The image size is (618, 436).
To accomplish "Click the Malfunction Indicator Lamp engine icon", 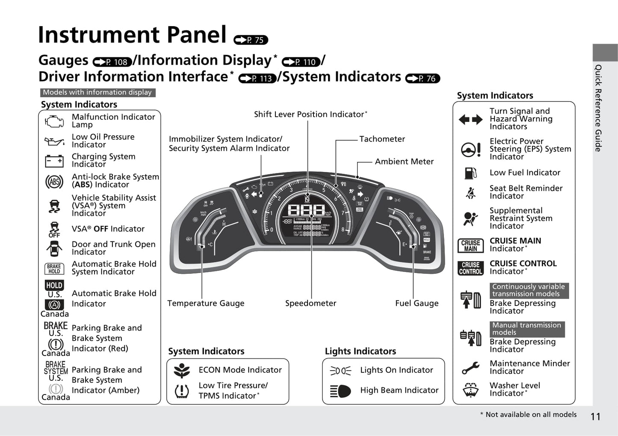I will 54,121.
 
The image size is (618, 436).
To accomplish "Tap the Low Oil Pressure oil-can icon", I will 54,141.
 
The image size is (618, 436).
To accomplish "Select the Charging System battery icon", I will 54,161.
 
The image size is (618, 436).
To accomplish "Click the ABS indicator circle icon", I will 54,181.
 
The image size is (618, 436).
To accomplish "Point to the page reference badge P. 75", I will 251,40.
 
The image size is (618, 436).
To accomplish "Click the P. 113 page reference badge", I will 257,78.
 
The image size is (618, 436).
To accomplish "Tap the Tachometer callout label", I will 382,139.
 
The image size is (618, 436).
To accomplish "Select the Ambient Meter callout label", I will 404,161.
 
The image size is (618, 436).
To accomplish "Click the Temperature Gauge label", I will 206,303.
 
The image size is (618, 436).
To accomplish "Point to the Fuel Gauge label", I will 417,303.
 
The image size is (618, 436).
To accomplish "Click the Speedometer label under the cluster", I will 311,303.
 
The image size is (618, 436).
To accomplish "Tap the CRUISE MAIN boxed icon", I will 470,246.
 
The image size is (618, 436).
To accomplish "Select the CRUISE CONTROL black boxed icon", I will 470,268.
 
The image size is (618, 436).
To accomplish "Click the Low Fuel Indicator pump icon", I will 470,173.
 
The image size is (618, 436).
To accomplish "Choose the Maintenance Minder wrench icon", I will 470,368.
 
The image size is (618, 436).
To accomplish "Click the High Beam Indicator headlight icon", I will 340,391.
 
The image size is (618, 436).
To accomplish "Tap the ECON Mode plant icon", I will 182,371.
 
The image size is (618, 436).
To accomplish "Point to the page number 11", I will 595,417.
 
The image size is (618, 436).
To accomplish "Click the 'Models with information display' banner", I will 98,92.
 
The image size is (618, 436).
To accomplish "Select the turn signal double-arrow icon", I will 470,119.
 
